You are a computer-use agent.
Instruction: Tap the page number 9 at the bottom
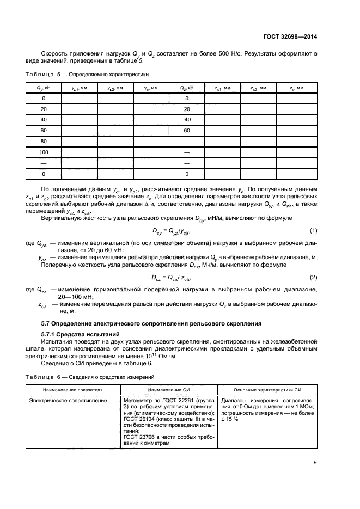[x=315, y=463]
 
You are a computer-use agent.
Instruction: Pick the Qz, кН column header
[x=187, y=88]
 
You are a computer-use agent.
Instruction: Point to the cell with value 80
[x=44, y=141]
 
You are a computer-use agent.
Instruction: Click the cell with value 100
[x=44, y=152]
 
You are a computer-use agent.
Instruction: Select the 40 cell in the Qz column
[x=187, y=119]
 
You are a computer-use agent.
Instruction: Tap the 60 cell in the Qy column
[x=44, y=130]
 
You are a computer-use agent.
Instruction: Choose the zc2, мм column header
[x=259, y=88]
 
